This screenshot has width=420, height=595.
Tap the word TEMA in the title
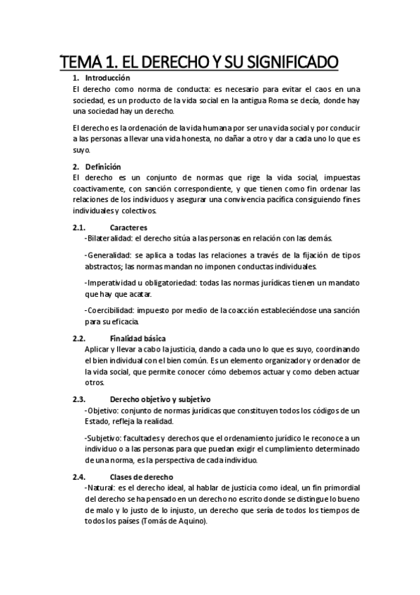click(82, 62)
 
